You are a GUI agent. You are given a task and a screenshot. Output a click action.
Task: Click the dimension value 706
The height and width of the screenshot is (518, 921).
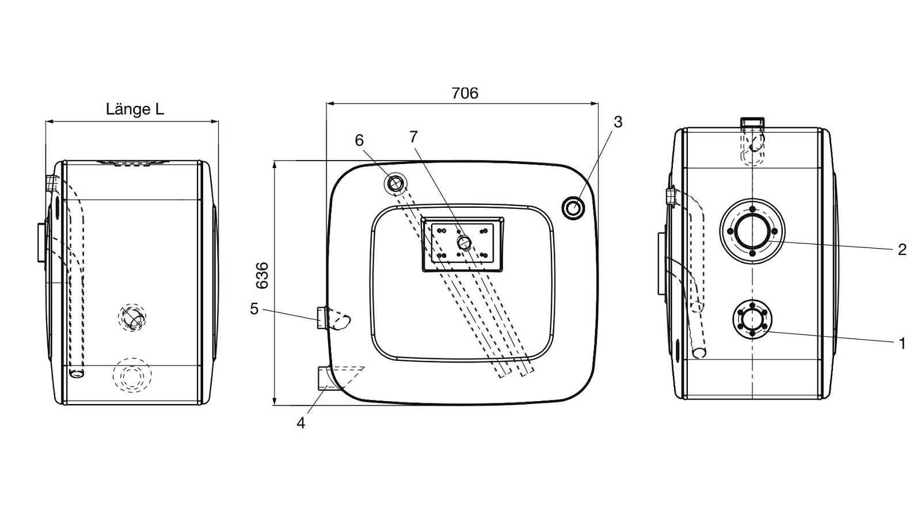[465, 93]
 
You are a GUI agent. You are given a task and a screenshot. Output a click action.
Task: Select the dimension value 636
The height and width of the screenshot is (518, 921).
[262, 276]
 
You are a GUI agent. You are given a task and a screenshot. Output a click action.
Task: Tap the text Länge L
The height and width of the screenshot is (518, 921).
[135, 109]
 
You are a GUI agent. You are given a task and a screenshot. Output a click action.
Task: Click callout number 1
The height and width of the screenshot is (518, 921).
[902, 343]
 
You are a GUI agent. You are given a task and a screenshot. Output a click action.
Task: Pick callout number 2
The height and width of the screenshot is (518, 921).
[901, 250]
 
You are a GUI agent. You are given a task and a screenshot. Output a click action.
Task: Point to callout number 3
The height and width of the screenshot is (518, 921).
[618, 121]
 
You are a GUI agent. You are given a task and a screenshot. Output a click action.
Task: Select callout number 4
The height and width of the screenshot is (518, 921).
[301, 422]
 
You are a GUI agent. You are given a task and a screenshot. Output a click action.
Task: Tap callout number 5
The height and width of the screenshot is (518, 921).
[254, 308]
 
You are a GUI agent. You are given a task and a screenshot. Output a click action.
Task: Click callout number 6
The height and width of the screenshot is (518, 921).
[359, 140]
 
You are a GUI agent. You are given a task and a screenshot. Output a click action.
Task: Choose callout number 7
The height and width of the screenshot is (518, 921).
[414, 136]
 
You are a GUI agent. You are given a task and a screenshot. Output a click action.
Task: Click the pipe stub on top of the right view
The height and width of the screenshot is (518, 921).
[752, 123]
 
